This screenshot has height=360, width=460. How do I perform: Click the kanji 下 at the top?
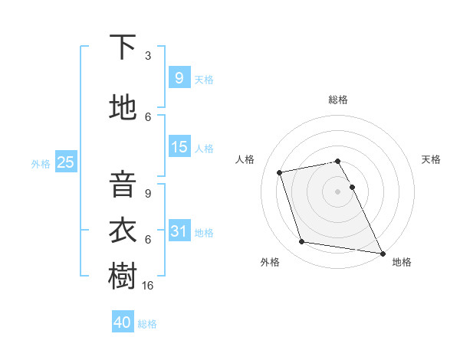coord(123,47)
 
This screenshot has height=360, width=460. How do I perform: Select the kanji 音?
coord(123,185)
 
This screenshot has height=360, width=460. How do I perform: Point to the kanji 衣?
coord(123,231)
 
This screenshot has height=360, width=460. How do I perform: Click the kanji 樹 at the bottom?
coord(123,277)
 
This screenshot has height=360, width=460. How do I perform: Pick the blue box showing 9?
coord(179,77)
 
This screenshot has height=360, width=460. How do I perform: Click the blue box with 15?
coord(179,147)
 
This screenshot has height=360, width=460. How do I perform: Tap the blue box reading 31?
coord(179,231)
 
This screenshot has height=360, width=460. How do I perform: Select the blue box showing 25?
coord(65,162)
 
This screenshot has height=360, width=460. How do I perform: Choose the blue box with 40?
coord(122,322)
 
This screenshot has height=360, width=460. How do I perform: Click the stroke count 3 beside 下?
coord(148,55)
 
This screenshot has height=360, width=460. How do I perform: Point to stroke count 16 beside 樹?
coord(149,285)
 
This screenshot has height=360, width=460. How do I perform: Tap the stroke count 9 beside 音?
coord(148,193)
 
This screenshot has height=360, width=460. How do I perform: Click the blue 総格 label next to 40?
coord(147,324)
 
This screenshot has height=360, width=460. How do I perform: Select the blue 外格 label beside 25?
coord(41,163)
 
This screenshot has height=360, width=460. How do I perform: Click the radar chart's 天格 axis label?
coord(432,159)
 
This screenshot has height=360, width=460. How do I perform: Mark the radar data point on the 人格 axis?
coord(280,172)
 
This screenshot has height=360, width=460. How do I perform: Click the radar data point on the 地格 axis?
coord(382,252)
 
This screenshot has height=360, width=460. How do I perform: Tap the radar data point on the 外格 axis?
coord(301,242)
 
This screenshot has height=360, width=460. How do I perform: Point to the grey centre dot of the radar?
coord(337,191)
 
